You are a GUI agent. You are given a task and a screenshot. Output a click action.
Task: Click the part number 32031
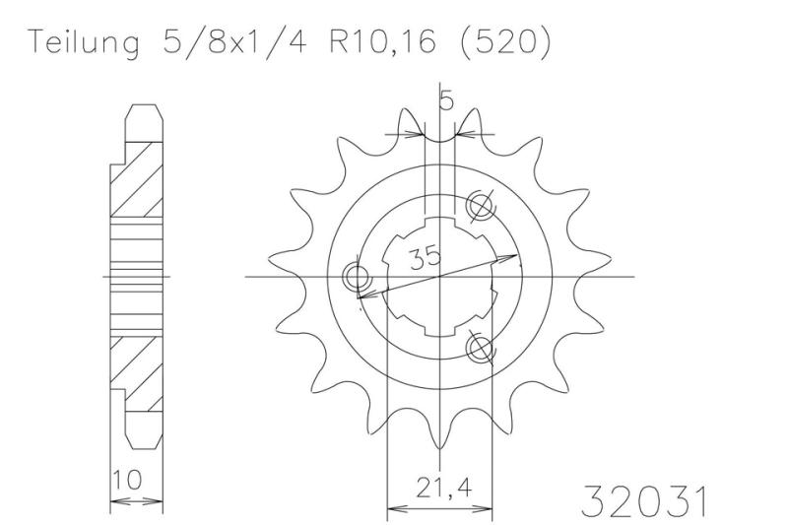(644, 500)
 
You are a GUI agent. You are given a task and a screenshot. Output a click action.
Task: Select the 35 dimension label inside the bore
(427, 259)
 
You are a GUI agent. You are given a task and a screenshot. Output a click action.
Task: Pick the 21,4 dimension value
(438, 486)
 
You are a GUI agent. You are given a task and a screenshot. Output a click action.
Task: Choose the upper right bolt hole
(482, 205)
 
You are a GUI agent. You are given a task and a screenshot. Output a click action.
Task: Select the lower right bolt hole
(480, 346)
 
